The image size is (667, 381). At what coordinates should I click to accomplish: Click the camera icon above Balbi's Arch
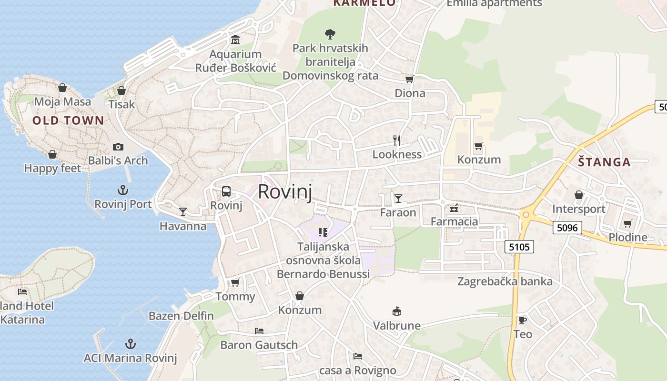118,147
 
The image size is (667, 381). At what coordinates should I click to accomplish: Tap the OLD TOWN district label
68,120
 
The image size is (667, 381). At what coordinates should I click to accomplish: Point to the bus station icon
226,191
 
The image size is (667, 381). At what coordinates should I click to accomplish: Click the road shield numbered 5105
519,247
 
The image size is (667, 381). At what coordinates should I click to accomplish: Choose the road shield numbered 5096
567,228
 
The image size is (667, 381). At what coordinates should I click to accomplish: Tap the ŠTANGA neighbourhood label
604,162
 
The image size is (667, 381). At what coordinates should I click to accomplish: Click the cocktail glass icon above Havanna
183,211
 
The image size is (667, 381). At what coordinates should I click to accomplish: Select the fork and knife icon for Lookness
397,140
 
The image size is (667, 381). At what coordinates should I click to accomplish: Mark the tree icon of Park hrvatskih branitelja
330,34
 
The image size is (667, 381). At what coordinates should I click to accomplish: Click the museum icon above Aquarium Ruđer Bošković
235,40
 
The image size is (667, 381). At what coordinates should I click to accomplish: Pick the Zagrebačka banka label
505,281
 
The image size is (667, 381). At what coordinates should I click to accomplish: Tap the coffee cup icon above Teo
522,320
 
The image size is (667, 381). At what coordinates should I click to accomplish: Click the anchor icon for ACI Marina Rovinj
130,344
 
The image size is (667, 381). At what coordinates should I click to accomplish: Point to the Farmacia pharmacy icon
454,208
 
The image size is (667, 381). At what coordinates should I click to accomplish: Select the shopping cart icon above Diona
409,79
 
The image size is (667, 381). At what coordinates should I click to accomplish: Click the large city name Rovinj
285,191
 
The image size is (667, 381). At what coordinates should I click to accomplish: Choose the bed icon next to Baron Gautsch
259,331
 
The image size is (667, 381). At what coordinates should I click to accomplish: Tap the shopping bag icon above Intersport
578,195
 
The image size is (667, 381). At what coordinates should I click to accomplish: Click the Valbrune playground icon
396,311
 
